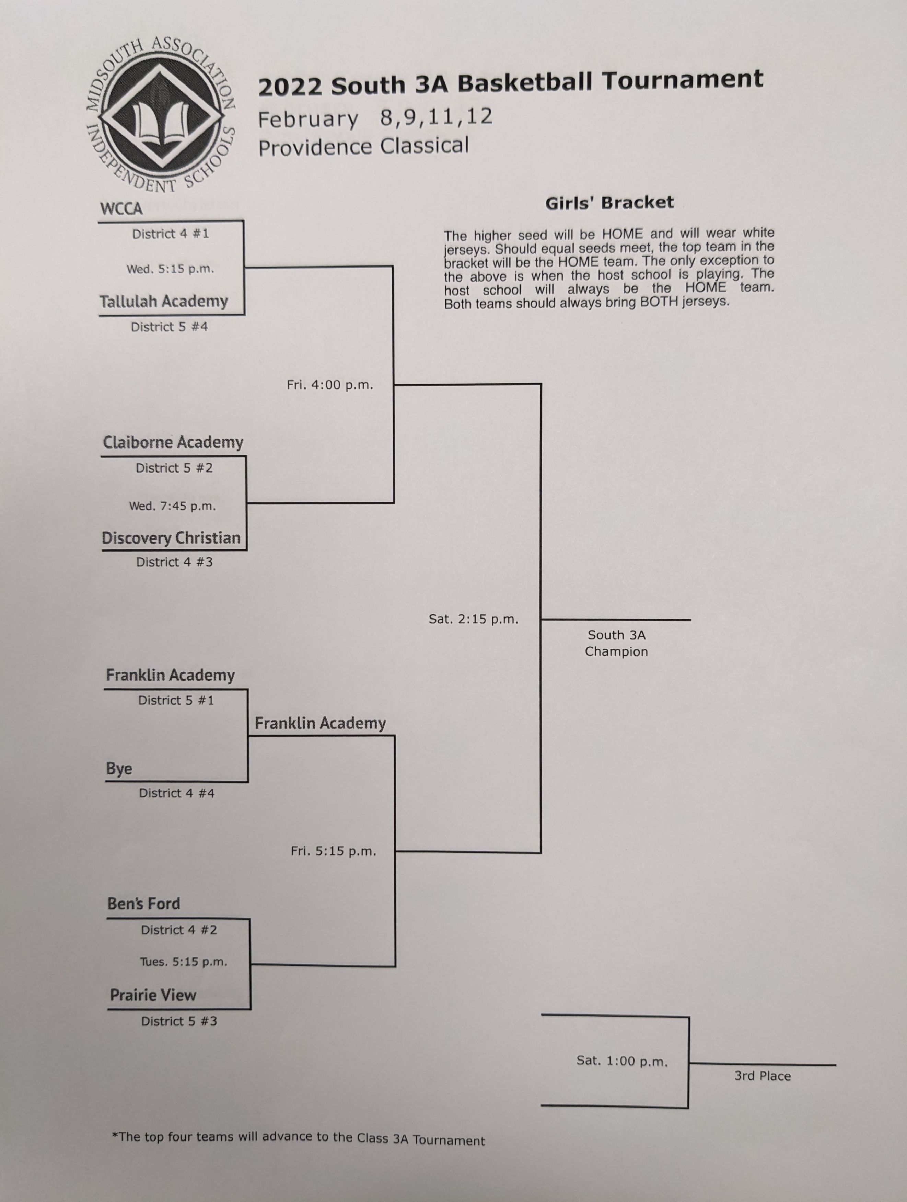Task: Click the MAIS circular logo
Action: [161, 115]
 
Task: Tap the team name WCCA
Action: [121, 209]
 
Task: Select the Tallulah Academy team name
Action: [163, 302]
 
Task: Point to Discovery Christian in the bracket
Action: [171, 538]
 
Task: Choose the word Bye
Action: [119, 769]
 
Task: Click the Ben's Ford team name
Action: [143, 904]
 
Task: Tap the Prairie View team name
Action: [153, 995]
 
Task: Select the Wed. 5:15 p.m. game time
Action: [171, 269]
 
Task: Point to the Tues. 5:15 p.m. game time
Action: [184, 962]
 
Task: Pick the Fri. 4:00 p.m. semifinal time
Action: [330, 385]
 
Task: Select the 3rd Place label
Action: [763, 1076]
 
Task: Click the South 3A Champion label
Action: [616, 643]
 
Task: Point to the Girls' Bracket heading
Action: [609, 203]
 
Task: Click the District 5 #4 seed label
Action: [170, 327]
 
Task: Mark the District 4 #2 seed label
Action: [179, 930]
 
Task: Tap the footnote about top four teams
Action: [298, 1138]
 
